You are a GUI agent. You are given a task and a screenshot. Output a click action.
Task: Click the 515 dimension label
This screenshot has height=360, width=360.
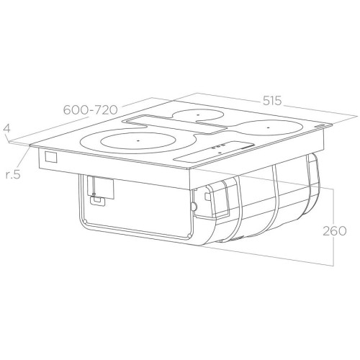click(x=272, y=100)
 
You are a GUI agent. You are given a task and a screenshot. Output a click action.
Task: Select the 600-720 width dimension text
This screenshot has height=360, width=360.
click(x=91, y=110)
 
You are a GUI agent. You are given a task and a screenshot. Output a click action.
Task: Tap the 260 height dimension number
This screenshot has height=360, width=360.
click(x=335, y=231)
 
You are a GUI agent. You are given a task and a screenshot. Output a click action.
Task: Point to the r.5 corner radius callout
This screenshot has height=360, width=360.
click(x=12, y=174)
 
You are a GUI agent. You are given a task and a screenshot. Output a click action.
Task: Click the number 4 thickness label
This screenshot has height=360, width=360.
click(x=6, y=128)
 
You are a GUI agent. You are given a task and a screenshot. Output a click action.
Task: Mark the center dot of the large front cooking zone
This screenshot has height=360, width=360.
click(x=138, y=140)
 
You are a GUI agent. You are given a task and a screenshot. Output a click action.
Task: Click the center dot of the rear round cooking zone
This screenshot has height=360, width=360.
click(x=198, y=115)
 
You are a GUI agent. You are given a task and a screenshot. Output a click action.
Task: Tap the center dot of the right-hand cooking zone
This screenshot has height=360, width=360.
click(x=268, y=127)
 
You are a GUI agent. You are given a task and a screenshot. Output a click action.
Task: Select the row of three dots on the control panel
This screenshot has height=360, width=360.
click(x=219, y=146)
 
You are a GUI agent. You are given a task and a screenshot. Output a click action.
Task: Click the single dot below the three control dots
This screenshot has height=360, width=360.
click(x=220, y=152)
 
